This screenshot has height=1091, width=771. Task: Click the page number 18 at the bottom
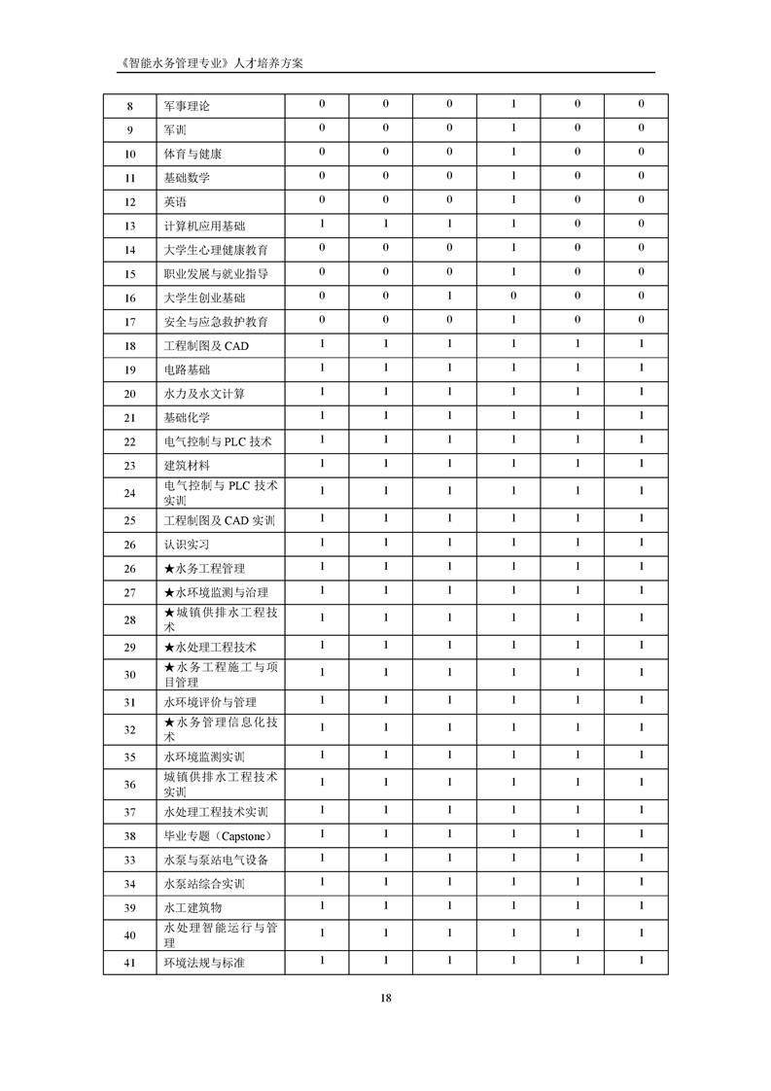(x=386, y=998)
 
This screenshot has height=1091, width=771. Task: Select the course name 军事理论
(x=187, y=107)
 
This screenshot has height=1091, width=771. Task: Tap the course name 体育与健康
(x=193, y=155)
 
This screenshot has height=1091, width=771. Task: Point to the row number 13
(x=130, y=227)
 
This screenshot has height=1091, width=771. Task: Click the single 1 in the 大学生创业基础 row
(x=449, y=298)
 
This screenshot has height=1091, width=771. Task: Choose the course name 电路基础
(x=187, y=370)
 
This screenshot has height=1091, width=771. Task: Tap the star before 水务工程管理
(x=169, y=569)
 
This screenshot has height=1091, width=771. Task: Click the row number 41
(x=130, y=964)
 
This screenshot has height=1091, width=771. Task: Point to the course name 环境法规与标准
(x=210, y=964)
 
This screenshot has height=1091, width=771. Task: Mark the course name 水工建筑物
(x=193, y=907)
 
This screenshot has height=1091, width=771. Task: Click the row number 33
(x=130, y=861)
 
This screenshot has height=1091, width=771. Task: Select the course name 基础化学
(x=187, y=417)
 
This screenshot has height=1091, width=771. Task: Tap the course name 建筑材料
(x=187, y=466)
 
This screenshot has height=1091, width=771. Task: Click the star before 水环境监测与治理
(x=169, y=592)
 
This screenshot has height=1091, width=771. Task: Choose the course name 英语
(x=175, y=202)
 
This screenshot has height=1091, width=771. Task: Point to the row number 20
(x=130, y=394)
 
